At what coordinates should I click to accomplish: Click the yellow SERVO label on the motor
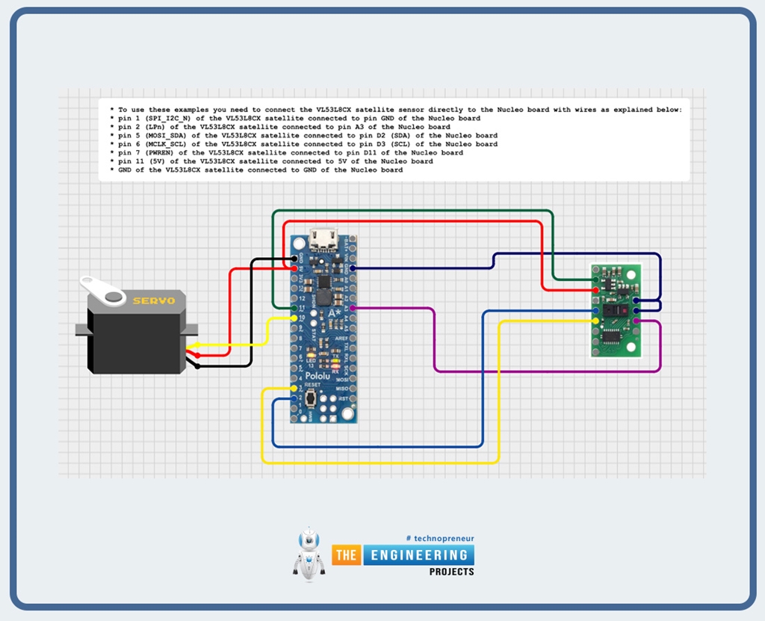[153, 301]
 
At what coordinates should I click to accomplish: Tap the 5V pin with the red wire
[295, 268]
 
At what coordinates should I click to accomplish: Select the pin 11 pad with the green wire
[295, 308]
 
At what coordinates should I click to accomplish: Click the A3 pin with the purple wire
[352, 308]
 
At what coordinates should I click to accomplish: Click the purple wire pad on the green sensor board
[636, 321]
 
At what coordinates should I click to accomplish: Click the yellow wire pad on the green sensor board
[595, 321]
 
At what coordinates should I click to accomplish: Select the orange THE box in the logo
[347, 555]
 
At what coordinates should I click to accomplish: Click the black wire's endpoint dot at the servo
[196, 366]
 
